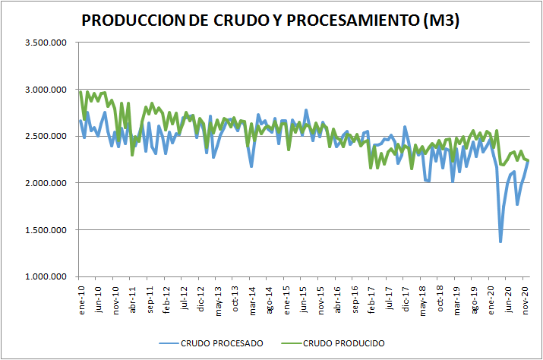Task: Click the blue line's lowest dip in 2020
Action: [x=500, y=242]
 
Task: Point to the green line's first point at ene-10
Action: [x=81, y=92]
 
